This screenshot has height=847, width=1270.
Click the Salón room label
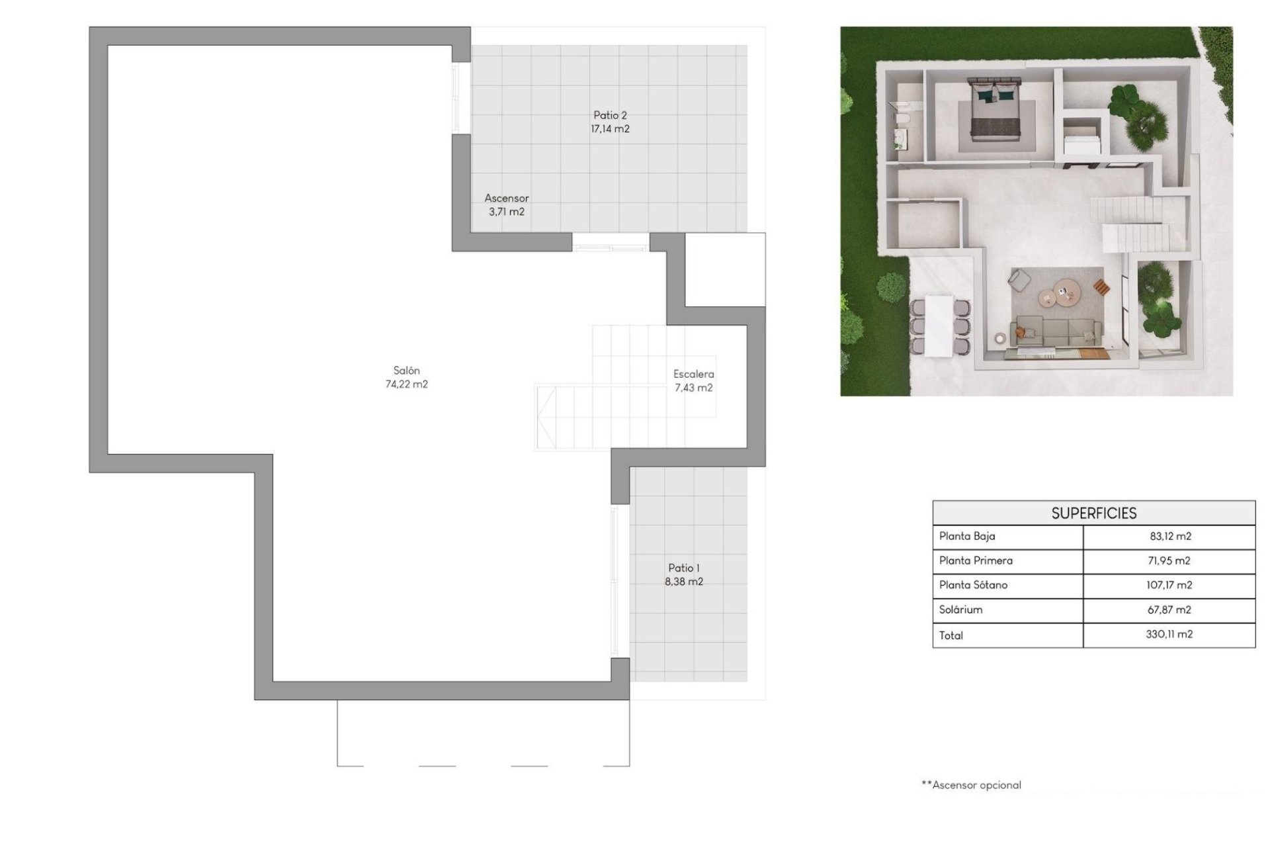[406, 371]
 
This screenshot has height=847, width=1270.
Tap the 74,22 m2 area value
[406, 384]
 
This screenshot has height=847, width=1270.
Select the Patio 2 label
[610, 115]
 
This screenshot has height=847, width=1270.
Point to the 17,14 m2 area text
[610, 129]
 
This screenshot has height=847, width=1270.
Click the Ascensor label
[507, 198]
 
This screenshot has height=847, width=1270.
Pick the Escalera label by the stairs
[693, 374]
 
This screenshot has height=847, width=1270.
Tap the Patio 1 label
[684, 568]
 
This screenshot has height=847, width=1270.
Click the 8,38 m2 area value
[684, 582]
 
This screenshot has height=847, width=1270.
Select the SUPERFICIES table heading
[1093, 513]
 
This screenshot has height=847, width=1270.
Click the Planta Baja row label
[967, 536]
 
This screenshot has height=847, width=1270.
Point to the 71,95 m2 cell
[1169, 560]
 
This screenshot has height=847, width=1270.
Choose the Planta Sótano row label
[973, 585]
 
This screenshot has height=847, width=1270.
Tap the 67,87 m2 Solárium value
[1169, 609]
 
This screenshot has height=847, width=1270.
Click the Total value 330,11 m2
[1169, 634]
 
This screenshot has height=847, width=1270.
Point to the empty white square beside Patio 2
[725, 270]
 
